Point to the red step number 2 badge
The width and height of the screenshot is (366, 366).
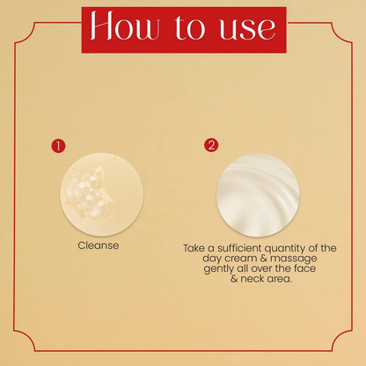point(210,145)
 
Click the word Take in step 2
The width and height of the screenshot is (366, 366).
point(195,249)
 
